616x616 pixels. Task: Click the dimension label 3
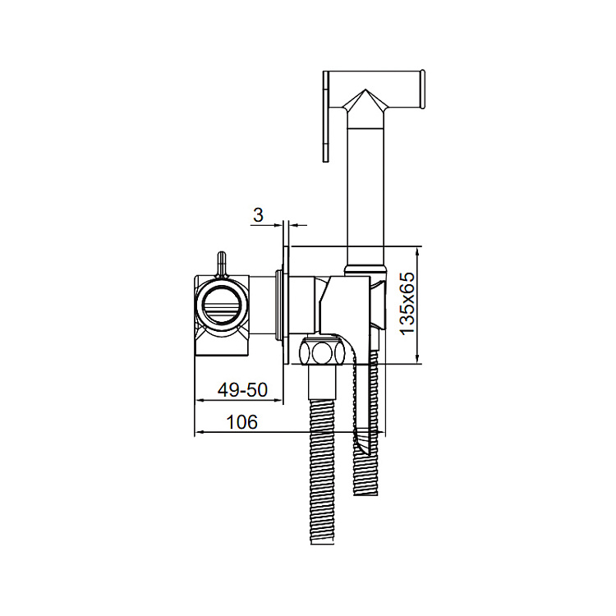[258, 215]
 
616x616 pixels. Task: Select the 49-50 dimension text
[242, 389]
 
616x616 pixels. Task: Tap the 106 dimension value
[242, 422]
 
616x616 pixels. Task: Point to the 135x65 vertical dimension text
[407, 303]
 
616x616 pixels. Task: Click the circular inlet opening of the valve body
[223, 305]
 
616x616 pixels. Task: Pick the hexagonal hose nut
[323, 350]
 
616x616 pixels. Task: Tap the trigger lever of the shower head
[326, 117]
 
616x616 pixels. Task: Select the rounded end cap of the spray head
[423, 90]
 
